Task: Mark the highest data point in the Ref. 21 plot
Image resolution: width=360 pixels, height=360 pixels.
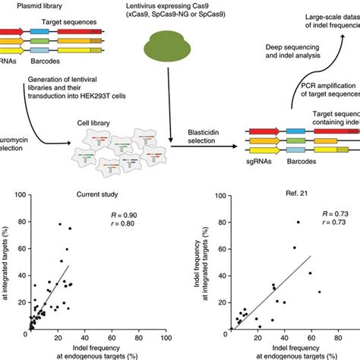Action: point(298,223)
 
